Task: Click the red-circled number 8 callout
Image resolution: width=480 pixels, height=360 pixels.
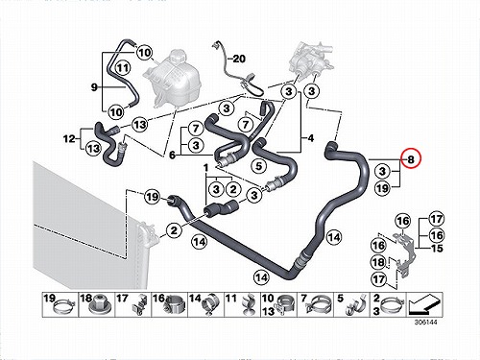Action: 412,158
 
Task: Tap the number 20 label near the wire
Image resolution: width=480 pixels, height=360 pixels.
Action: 239,59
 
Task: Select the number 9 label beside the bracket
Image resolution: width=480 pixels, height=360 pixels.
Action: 94,86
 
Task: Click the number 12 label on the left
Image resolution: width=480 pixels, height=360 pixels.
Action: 69,139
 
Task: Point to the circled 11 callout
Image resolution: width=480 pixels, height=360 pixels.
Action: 123,68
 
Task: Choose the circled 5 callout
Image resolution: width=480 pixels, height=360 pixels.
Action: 259,166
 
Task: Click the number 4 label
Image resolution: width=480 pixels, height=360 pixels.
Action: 310,138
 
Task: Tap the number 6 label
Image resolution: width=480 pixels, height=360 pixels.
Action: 172,156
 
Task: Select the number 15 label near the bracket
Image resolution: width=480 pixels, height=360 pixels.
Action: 437,249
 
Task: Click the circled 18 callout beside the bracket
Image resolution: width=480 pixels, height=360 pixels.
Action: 378,262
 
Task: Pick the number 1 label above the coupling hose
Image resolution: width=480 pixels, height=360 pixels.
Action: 205,167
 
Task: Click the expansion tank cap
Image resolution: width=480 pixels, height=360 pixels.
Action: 176,57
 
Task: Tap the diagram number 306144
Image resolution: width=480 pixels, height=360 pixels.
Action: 425,322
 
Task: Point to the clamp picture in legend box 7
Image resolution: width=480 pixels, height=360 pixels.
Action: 319,306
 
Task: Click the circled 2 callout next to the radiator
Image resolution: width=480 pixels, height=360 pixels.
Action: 174,230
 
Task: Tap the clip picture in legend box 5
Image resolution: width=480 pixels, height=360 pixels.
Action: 354,306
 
